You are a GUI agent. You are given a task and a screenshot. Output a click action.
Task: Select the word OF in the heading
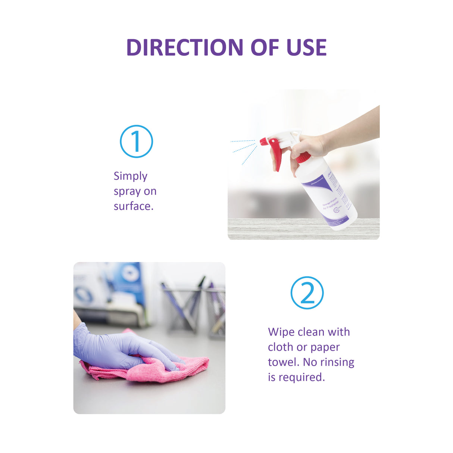pos(265,47)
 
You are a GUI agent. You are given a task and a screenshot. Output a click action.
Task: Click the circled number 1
pos(136,141)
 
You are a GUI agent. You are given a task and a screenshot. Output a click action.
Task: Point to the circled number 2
pos(307,293)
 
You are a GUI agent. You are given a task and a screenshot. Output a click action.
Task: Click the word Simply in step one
pos(130,176)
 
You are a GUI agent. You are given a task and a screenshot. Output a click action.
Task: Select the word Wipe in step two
pos(281,332)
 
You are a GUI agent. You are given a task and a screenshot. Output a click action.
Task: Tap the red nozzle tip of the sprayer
pos(263,142)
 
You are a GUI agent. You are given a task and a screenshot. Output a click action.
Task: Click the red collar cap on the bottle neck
pos(303,157)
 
